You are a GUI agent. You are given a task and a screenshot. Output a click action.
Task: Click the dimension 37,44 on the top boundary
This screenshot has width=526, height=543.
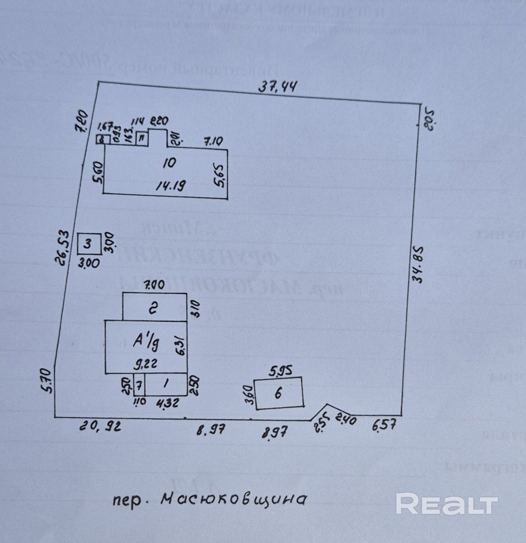pos(277,87)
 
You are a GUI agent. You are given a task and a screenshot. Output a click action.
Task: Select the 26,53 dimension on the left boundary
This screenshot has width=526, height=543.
pos(62,247)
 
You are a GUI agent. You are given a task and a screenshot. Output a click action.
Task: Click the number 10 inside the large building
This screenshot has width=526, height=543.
pos(169,163)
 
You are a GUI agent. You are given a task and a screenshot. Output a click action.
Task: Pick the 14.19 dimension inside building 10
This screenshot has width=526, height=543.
pos(170,185)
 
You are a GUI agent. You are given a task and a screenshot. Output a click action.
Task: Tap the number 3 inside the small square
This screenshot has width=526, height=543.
pos(88,244)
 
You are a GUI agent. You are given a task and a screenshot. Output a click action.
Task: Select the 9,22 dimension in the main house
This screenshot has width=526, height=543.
pos(146,364)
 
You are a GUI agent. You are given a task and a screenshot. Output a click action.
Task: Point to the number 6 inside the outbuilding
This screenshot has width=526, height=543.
pos(278,393)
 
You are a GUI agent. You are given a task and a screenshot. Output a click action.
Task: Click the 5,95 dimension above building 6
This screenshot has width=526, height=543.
pos(280,371)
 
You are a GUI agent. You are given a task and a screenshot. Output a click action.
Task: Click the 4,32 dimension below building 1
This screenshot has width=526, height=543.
pos(167,403)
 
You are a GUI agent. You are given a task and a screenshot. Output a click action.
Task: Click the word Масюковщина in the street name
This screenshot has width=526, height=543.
pos(233,499)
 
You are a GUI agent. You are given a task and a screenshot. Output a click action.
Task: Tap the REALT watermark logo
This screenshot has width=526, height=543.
pos(446,504)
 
